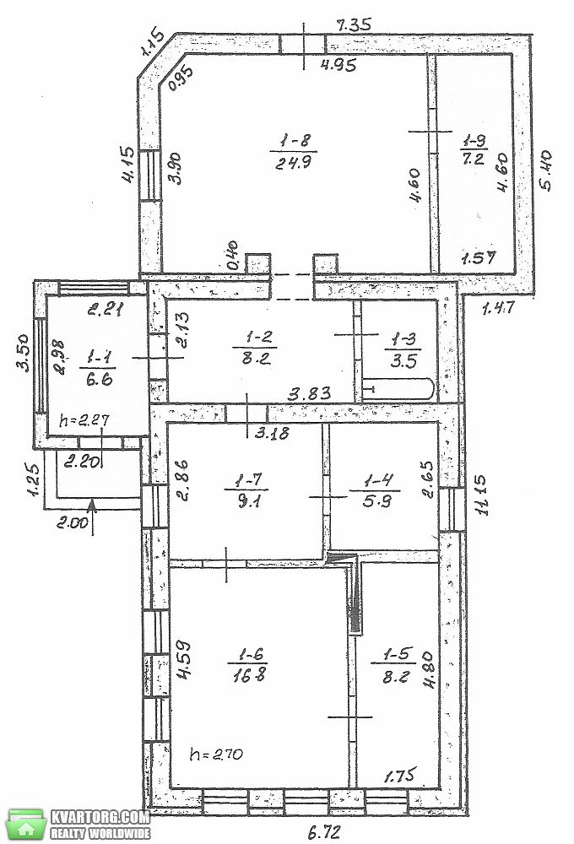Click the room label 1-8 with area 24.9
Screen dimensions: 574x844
[x=294, y=151]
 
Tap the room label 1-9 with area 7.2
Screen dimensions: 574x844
[x=474, y=149]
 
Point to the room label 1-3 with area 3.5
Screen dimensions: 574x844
[x=403, y=350]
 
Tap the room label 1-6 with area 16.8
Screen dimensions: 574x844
[x=247, y=664]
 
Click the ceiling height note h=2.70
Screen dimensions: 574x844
[x=216, y=754]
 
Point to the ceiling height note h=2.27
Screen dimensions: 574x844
[x=83, y=419]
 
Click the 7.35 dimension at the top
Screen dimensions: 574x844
[x=353, y=24]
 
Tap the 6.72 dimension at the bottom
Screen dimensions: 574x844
[x=324, y=832]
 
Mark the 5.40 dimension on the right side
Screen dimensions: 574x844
[x=544, y=170]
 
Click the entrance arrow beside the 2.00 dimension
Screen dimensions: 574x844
[x=92, y=517]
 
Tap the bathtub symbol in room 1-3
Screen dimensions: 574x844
[x=398, y=389]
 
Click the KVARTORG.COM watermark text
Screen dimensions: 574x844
[x=100, y=816]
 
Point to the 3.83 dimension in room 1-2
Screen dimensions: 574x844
[x=309, y=394]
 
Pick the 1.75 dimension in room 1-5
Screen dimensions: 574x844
[x=401, y=776]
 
